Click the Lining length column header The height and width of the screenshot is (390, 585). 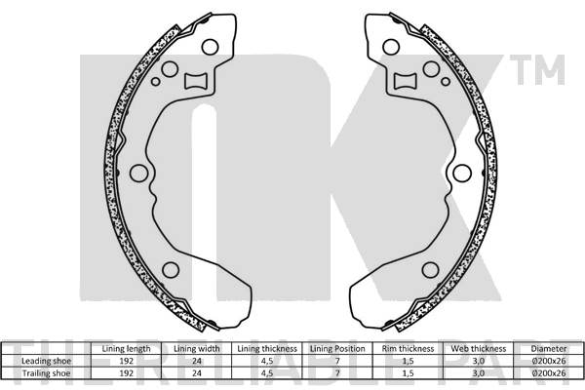point(126,348)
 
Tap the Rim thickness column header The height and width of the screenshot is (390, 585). point(409,348)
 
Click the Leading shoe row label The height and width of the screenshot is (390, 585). point(45,360)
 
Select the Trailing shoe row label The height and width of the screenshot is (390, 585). point(45,371)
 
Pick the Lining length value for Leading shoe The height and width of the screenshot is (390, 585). point(126,360)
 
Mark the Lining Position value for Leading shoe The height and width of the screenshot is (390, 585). point(337,360)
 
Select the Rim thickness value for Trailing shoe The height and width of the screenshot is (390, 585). point(409,371)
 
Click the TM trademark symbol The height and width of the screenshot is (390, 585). point(547,70)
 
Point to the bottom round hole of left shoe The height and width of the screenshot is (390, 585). point(171,270)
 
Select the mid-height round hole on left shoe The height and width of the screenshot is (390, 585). point(138,174)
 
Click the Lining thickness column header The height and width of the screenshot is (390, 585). point(266,348)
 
